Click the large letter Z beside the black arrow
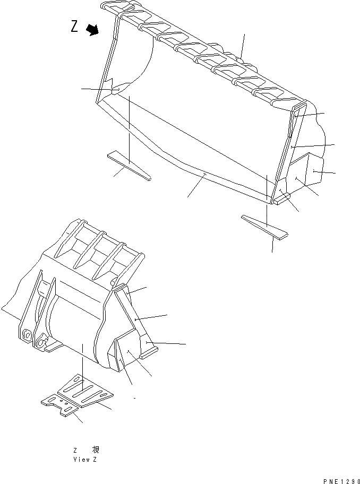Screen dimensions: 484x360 [x=75, y=26]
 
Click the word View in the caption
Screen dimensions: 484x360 [x=81, y=459]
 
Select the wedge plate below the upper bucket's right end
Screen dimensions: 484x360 [x=264, y=226]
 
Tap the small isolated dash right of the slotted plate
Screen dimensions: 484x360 [x=135, y=397]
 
